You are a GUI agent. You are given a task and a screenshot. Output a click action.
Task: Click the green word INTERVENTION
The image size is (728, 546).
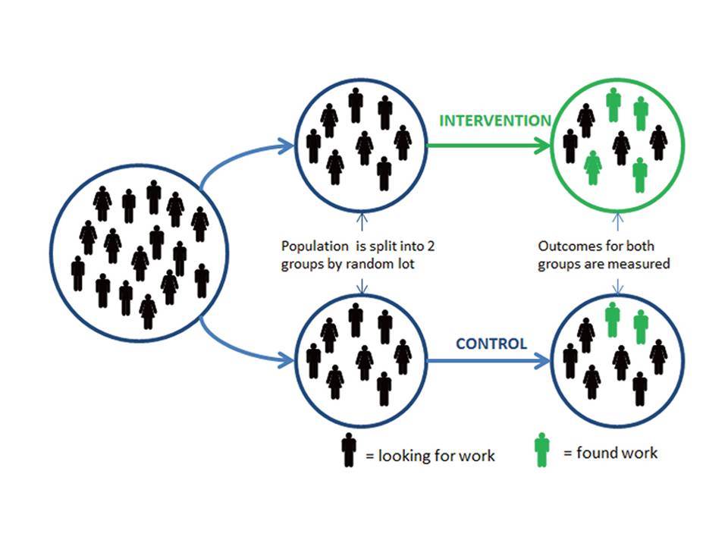(495, 121)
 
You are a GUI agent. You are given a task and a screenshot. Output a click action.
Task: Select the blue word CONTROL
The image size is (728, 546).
(491, 344)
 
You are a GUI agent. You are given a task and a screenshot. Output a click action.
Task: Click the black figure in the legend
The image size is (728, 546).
(349, 450)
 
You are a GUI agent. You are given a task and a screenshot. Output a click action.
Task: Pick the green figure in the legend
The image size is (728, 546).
(541, 450)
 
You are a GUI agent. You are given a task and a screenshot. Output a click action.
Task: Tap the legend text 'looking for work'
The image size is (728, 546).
(437, 456)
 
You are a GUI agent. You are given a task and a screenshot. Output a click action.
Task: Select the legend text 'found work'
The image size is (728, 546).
(617, 453)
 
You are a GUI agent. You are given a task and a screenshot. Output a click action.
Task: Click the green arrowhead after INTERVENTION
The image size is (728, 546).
(543, 146)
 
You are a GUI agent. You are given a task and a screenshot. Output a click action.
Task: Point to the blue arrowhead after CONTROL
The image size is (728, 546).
(542, 360)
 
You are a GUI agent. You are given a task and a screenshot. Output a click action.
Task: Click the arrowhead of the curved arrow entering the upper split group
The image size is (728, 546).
(287, 146)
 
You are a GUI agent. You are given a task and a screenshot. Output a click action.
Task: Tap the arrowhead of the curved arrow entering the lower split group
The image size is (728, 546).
(287, 359)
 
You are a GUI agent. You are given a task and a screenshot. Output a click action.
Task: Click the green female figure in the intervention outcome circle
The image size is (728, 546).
(592, 168)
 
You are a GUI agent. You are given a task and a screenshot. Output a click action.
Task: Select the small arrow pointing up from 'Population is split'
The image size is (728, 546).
(362, 221)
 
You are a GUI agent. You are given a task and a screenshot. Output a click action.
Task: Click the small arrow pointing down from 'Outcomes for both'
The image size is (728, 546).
(617, 286)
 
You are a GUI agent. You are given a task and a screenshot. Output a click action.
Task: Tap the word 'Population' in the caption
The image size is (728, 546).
(315, 246)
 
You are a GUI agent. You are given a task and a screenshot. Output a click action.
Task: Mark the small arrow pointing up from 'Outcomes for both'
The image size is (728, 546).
(617, 221)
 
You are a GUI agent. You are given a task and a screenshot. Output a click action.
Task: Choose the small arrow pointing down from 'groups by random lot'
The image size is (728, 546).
(362, 286)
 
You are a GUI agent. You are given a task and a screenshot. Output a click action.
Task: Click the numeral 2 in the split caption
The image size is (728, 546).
(431, 246)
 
